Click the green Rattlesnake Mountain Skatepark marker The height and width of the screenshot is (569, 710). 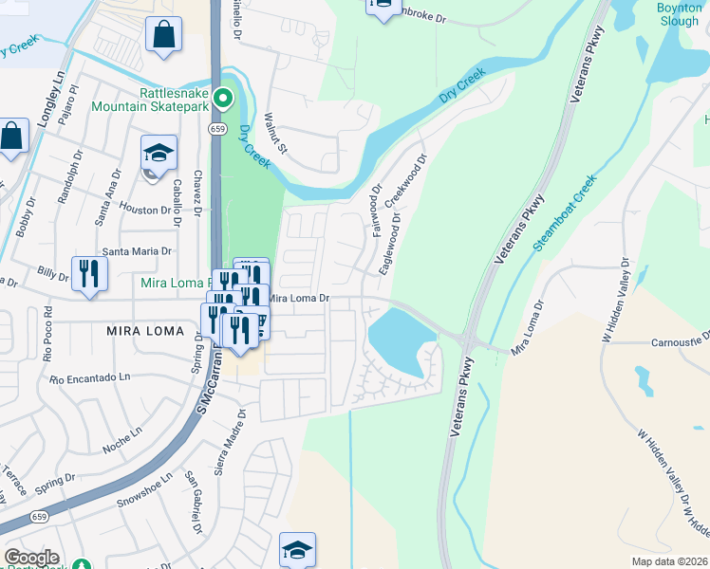pyautogui.click(x=222, y=98)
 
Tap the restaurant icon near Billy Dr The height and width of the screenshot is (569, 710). pyautogui.click(x=89, y=274)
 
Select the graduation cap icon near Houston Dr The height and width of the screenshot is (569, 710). pyautogui.click(x=158, y=152)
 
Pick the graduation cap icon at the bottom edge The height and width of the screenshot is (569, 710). pyautogui.click(x=297, y=549)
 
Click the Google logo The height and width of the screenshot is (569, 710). pyautogui.click(x=30, y=558)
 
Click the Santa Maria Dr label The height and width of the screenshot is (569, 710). pyautogui.click(x=137, y=251)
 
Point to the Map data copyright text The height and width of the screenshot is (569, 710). pyautogui.click(x=668, y=561)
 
